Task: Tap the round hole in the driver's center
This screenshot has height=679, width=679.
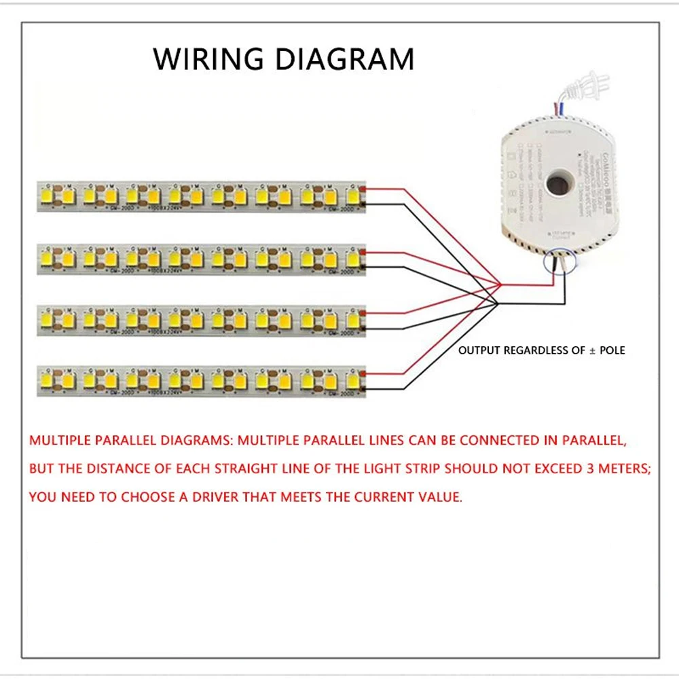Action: (x=556, y=184)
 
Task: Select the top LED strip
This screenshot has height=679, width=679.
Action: (x=201, y=196)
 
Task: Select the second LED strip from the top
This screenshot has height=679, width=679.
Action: (x=201, y=258)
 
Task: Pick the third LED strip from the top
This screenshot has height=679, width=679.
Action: (x=201, y=319)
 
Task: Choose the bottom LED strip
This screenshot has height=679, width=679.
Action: (x=201, y=381)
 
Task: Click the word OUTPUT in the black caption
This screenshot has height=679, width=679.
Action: (x=479, y=350)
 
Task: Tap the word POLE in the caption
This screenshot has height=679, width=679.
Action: (x=610, y=350)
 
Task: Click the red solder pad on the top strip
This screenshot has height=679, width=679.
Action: (x=365, y=189)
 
